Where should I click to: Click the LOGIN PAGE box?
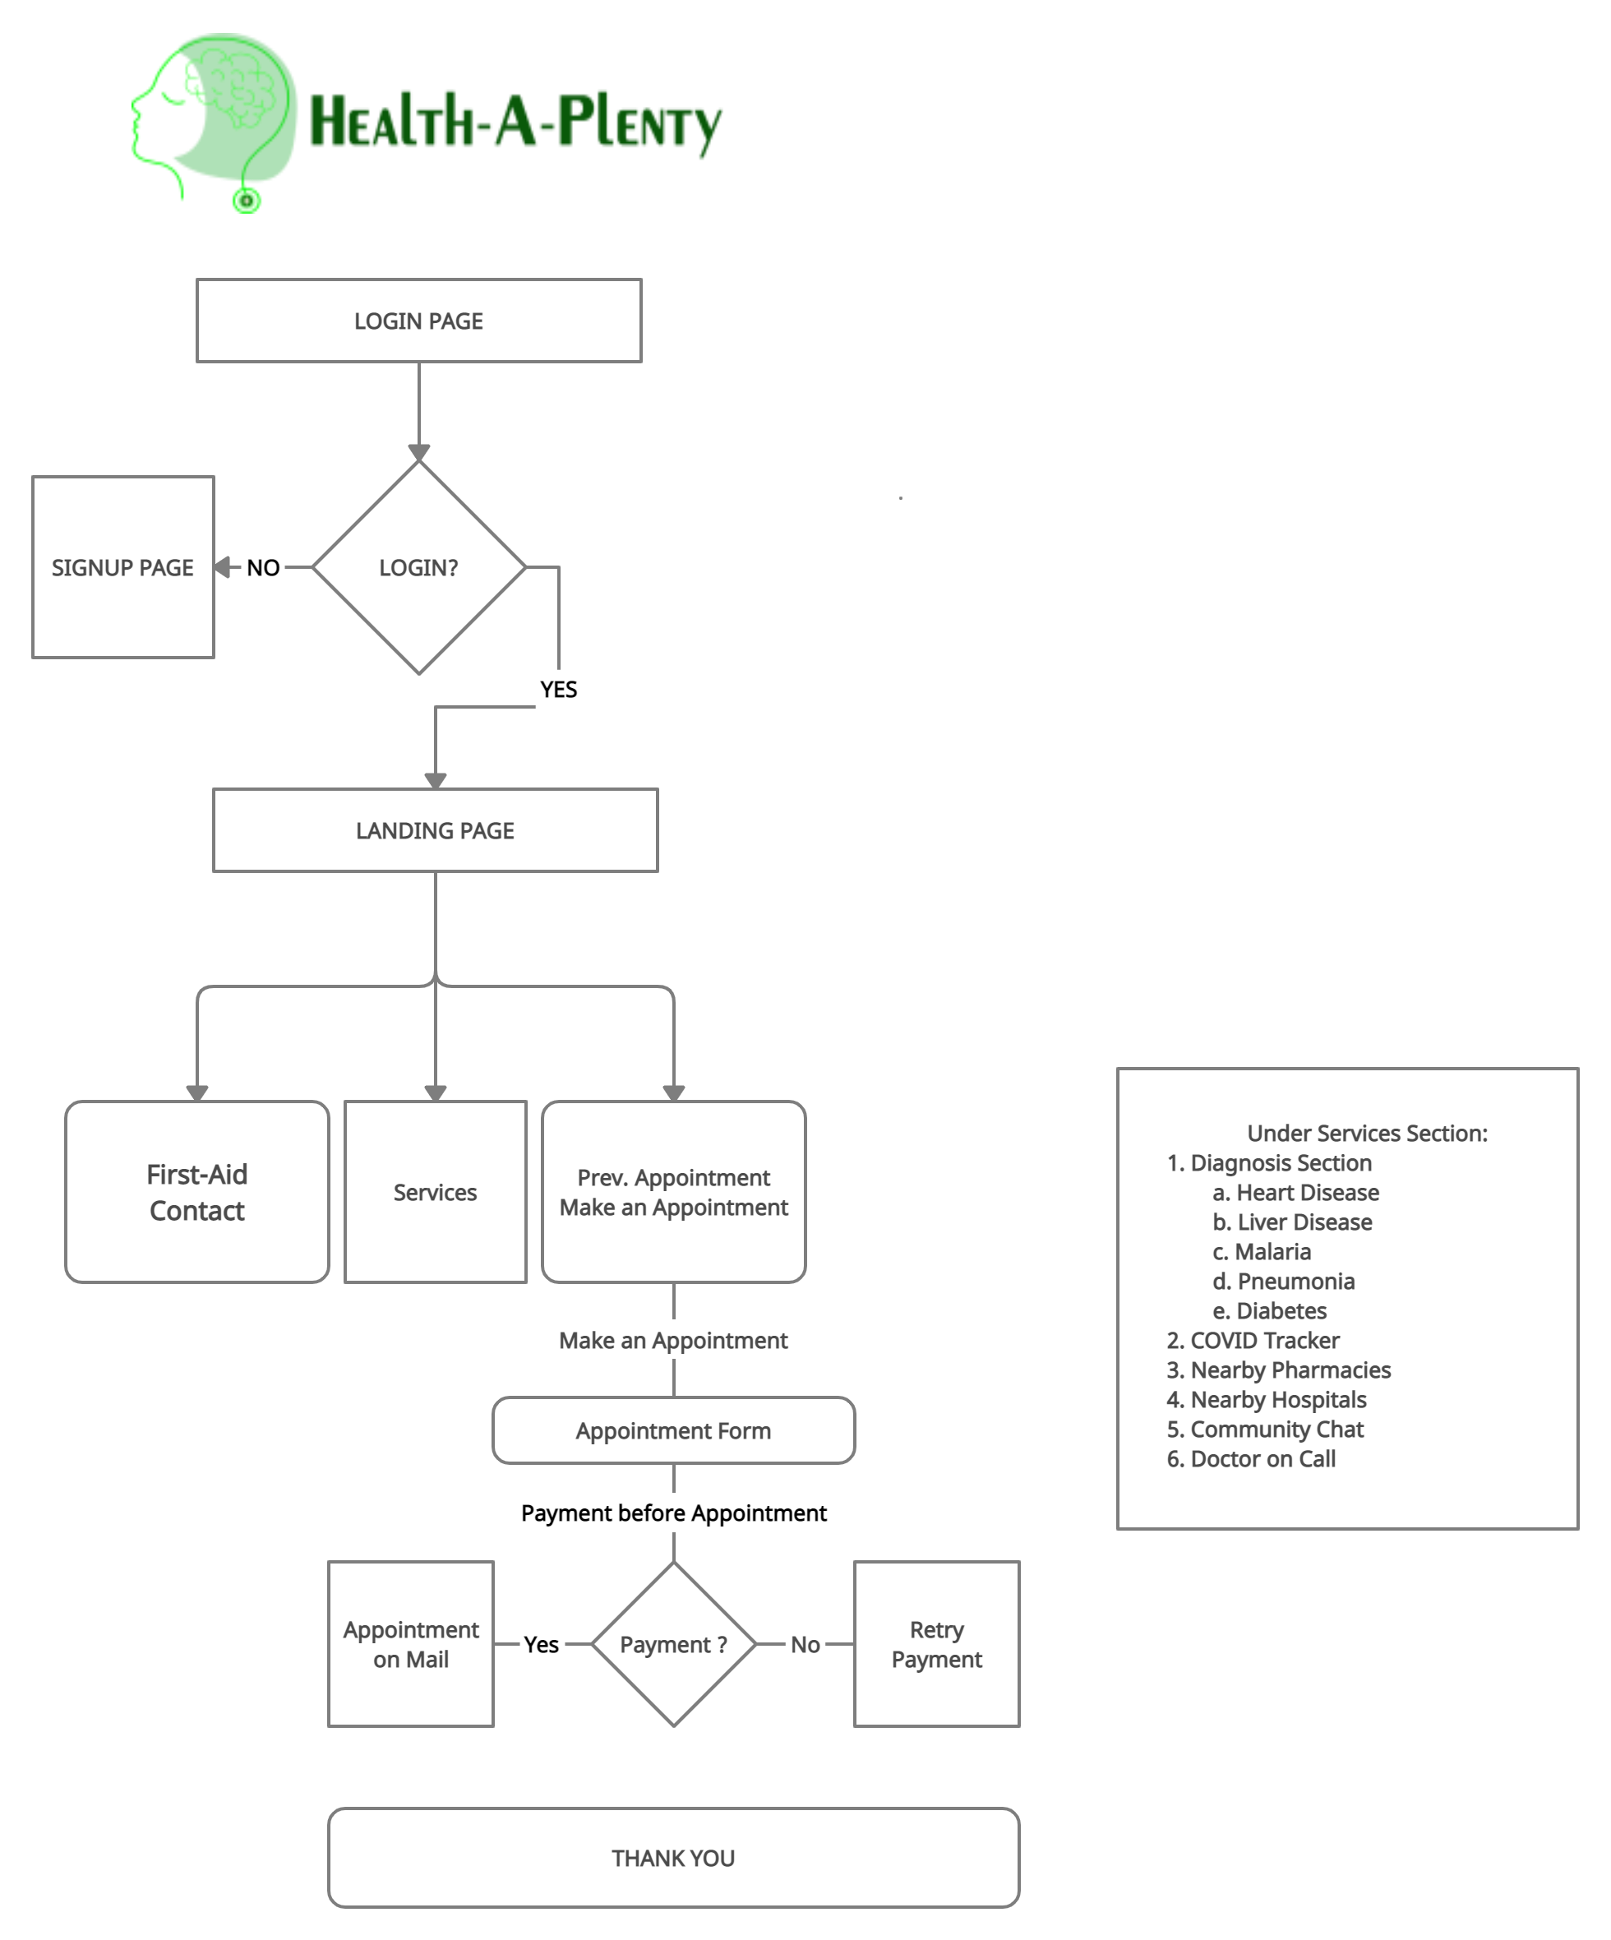[418, 321]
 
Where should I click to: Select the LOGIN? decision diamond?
[418, 567]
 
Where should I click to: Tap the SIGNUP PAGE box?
[122, 567]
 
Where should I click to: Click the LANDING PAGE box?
[435, 830]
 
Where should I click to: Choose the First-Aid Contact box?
[196, 1192]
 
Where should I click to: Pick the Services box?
[435, 1192]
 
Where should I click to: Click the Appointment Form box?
[673, 1431]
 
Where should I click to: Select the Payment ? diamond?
[673, 1644]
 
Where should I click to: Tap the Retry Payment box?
[937, 1644]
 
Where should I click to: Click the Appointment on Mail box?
[411, 1644]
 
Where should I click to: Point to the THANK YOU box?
[673, 1858]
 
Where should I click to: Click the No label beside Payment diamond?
[805, 1644]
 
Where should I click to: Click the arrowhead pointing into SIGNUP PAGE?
[224, 567]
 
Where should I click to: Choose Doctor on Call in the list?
[1262, 1458]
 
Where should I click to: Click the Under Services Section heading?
[1367, 1134]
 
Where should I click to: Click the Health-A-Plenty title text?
[515, 122]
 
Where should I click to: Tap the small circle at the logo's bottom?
[247, 201]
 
